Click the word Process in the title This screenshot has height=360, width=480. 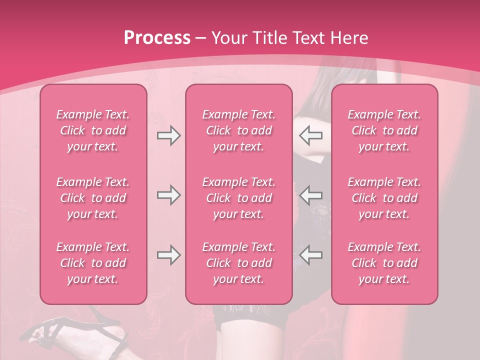pyautogui.click(x=157, y=38)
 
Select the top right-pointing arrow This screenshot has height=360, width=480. pyautogui.click(x=169, y=135)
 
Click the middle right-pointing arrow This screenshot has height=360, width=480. pyautogui.click(x=169, y=195)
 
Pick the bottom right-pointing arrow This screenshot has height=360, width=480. pyautogui.click(x=169, y=255)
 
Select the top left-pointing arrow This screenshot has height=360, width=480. pyautogui.click(x=310, y=135)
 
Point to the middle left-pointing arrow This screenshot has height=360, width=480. pyautogui.click(x=310, y=195)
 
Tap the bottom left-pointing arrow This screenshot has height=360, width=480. pyautogui.click(x=310, y=255)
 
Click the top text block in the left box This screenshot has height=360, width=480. pyautogui.click(x=93, y=130)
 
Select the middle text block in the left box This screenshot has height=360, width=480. pyautogui.click(x=93, y=198)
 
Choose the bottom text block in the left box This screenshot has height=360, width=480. pyautogui.click(x=93, y=263)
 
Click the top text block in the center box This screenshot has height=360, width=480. pyautogui.click(x=238, y=130)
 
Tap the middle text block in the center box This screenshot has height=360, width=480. pyautogui.click(x=238, y=198)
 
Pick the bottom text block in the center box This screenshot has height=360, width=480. pyautogui.click(x=238, y=263)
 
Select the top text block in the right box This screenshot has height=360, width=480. pyautogui.click(x=384, y=130)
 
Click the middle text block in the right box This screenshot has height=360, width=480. pyautogui.click(x=384, y=198)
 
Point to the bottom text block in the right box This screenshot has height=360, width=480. pyautogui.click(x=384, y=263)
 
